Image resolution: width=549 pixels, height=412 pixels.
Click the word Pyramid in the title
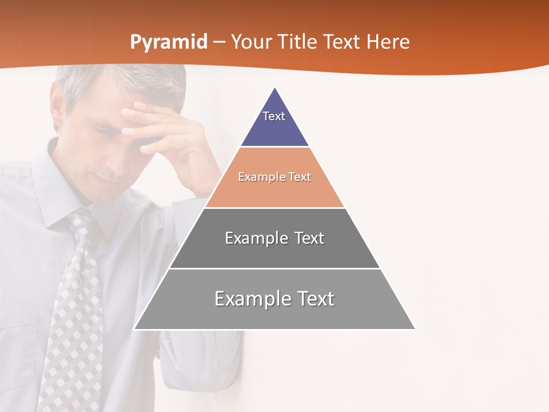[x=169, y=42]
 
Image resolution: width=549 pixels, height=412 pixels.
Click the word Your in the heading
[x=251, y=42]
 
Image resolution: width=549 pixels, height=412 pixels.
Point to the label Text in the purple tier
[x=274, y=116]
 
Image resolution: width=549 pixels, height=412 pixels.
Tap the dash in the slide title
[x=219, y=42]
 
